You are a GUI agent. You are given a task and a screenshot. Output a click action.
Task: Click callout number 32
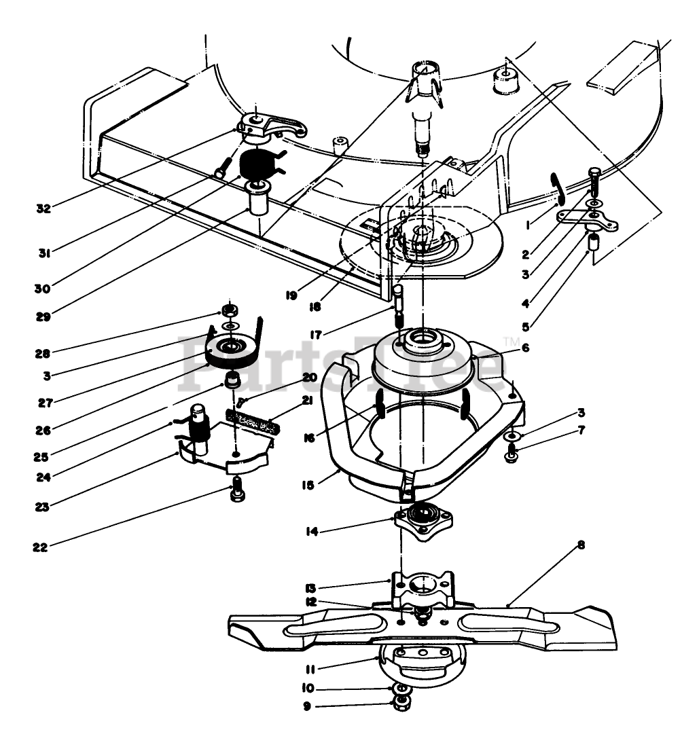[x=43, y=208]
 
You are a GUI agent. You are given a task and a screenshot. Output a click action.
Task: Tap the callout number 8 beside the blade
[x=581, y=545]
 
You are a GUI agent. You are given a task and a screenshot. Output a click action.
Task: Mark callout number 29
[x=43, y=317]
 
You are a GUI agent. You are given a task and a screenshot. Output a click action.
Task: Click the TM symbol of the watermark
[x=511, y=341]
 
